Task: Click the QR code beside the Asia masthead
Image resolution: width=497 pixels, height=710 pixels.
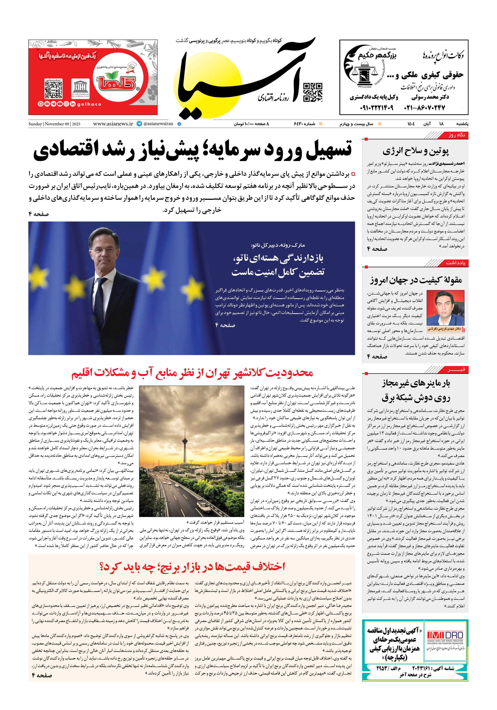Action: tap(313, 92)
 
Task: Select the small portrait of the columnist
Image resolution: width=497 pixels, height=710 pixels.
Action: tap(445, 309)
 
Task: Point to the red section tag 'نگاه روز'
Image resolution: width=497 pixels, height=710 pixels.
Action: tap(457, 135)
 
